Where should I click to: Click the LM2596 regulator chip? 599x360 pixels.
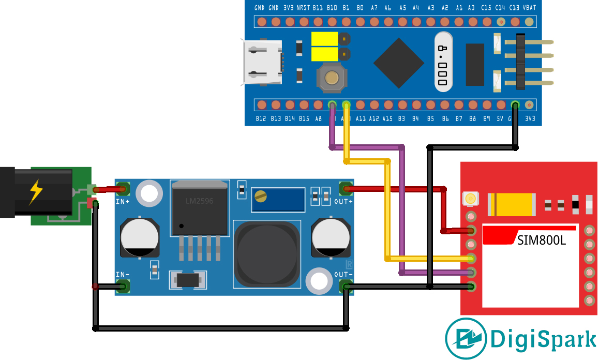pos(199,209)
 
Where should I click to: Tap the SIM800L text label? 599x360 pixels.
pos(541,239)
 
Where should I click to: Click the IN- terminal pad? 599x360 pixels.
pos(123,286)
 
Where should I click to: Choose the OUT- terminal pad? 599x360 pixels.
pos(345,286)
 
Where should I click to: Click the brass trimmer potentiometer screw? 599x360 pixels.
pos(262,196)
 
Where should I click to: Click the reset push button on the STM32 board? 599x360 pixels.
pos(331,78)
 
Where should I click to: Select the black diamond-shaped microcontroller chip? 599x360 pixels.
pos(399,63)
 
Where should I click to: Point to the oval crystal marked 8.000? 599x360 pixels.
pos(443,62)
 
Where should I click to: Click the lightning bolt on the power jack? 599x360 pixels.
pos(36,191)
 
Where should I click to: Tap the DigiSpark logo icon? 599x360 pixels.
pos(466,339)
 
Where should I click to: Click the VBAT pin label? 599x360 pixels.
pos(529,8)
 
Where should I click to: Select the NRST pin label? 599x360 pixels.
pos(303,8)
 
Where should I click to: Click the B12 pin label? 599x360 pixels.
pos(261,119)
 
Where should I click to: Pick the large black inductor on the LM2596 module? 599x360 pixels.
pos(267,253)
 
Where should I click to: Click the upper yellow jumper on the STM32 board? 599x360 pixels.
pos(324,39)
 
